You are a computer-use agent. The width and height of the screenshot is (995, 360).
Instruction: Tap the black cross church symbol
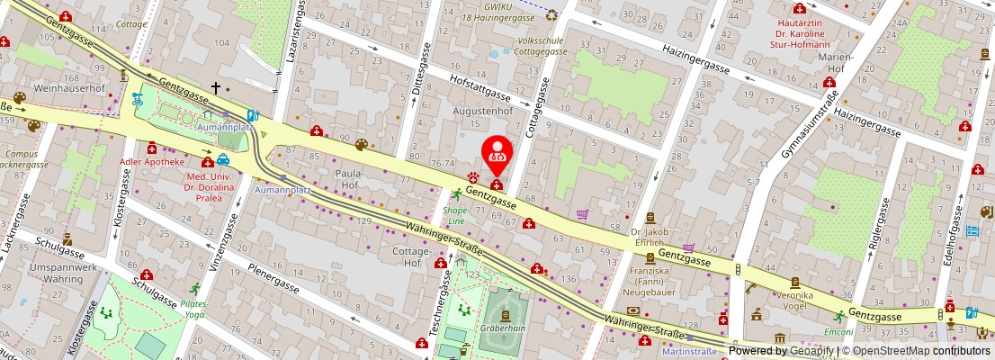215,88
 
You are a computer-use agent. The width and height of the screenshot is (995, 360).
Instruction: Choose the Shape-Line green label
456,215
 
